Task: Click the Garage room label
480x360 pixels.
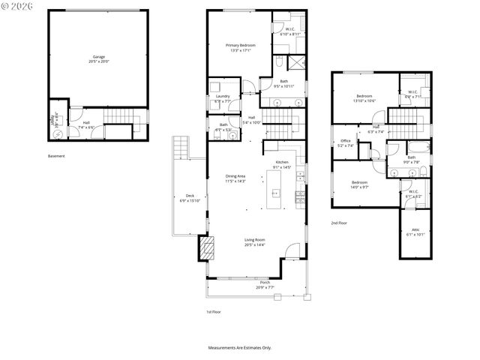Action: point(98,56)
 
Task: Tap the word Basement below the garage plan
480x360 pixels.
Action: point(56,156)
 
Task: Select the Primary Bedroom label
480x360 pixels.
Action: point(242,45)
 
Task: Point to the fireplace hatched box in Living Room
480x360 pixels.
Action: point(204,249)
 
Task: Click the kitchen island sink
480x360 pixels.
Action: point(274,193)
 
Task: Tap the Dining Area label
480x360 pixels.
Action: point(236,176)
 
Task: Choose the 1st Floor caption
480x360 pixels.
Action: point(214,311)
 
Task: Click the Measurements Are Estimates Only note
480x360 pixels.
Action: point(240,347)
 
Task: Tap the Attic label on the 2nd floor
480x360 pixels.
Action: point(415,230)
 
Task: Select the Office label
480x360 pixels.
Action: point(346,140)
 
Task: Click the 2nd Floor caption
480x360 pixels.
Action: point(339,223)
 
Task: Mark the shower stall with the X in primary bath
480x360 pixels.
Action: point(296,63)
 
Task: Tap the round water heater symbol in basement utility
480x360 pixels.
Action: point(58,134)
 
